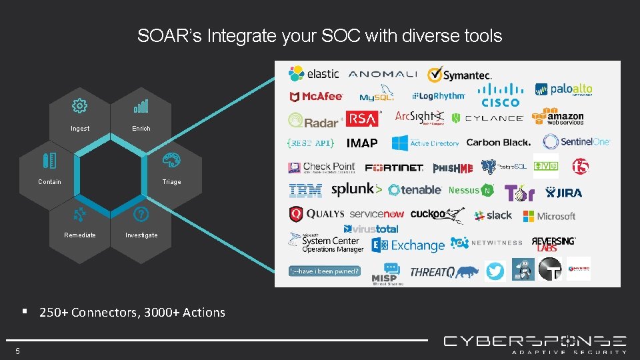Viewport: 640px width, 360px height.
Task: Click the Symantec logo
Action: tap(460, 75)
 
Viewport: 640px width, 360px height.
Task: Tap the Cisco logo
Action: tap(501, 95)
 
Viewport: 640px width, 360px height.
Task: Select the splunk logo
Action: tap(357, 190)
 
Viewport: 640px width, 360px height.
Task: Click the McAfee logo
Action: tap(316, 97)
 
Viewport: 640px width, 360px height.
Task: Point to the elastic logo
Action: tap(313, 73)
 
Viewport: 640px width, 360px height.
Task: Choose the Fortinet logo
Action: tap(393, 167)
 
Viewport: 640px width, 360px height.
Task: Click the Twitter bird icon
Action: tap(495, 271)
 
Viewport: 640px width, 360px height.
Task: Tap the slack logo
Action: tap(493, 215)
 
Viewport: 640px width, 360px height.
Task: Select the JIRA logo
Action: tap(563, 193)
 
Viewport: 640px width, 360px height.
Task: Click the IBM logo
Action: tap(305, 191)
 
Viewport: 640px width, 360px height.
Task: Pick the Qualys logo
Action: tap(317, 214)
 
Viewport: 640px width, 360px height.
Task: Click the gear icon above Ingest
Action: tap(79, 105)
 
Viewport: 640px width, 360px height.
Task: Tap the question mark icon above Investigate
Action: tap(141, 214)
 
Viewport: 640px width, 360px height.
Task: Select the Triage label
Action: tap(171, 182)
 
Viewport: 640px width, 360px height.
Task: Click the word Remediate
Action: tap(80, 235)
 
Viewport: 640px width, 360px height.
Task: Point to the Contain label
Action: tap(49, 182)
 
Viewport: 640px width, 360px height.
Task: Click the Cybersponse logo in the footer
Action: tap(535, 343)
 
